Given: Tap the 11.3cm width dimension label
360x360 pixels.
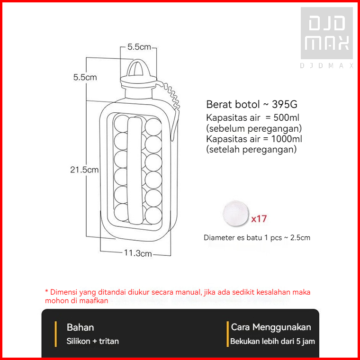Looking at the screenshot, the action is point(138,253).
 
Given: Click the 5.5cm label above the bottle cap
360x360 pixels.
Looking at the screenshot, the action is point(139,47).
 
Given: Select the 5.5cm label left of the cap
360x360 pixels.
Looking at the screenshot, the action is point(85,77).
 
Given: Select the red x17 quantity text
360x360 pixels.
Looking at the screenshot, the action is point(259,219).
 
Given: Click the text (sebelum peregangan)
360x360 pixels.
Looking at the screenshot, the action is point(254,128).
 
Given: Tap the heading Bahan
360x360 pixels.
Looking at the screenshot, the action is point(80,327).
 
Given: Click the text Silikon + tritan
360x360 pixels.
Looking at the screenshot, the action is point(93,341).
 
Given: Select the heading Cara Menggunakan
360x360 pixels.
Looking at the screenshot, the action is point(271,327).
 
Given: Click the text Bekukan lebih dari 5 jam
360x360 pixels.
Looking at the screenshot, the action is point(272,341).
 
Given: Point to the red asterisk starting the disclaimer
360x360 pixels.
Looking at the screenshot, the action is point(46,292).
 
